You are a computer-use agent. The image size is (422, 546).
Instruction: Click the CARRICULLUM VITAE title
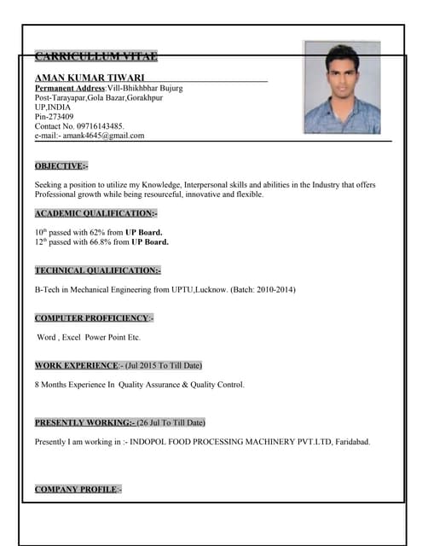pyautogui.click(x=95, y=57)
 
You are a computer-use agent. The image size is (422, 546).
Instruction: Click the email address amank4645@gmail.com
pyautogui.click(x=103, y=136)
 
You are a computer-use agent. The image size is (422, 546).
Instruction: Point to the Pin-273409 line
pyautogui.click(x=54, y=116)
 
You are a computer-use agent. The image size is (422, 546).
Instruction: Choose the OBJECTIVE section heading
pyautogui.click(x=61, y=166)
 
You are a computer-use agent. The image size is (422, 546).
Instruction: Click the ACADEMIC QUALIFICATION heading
pyautogui.click(x=95, y=212)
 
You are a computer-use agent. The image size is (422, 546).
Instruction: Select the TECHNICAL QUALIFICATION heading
pyautogui.click(x=97, y=270)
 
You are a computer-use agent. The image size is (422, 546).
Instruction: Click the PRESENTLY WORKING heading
pyautogui.click(x=84, y=422)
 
